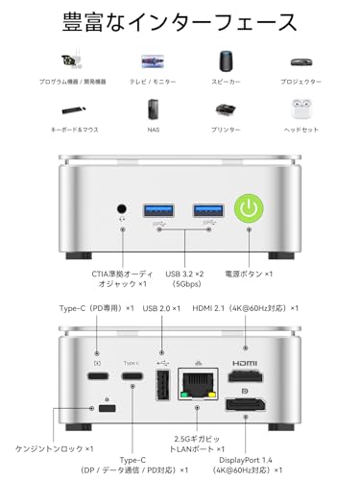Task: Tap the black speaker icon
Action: [227, 61]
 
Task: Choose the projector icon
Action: [300, 61]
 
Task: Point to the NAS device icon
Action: [153, 108]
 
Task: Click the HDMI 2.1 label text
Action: [259, 308]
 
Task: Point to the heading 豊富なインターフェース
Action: [180, 21]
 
